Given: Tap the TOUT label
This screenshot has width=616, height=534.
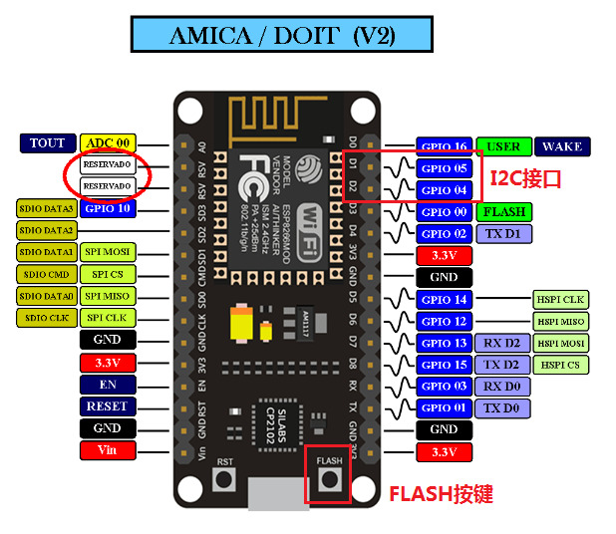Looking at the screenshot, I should click(48, 143).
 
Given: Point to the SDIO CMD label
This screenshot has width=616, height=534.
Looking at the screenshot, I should click(47, 274).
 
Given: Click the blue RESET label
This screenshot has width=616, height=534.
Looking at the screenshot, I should click(107, 406).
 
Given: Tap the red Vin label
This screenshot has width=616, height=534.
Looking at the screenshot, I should click(107, 450).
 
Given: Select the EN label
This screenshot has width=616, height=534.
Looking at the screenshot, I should click(107, 385).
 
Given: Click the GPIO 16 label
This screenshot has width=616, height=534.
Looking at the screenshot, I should click(444, 146).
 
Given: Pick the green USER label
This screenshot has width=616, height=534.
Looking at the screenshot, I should click(503, 146).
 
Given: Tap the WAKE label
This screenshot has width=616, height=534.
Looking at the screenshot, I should click(562, 146).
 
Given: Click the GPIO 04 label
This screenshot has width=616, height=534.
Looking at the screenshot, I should click(444, 189).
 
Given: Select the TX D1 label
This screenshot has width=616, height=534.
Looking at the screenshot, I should click(503, 233).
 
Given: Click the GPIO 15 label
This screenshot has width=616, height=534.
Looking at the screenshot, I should click(444, 365).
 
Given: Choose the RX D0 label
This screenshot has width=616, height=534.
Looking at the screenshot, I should click(503, 387).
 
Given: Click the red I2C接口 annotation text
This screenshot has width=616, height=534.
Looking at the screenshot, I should click(525, 178).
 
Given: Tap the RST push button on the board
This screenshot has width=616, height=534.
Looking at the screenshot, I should click(225, 479).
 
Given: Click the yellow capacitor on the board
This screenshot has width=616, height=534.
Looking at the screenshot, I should click(241, 325).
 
